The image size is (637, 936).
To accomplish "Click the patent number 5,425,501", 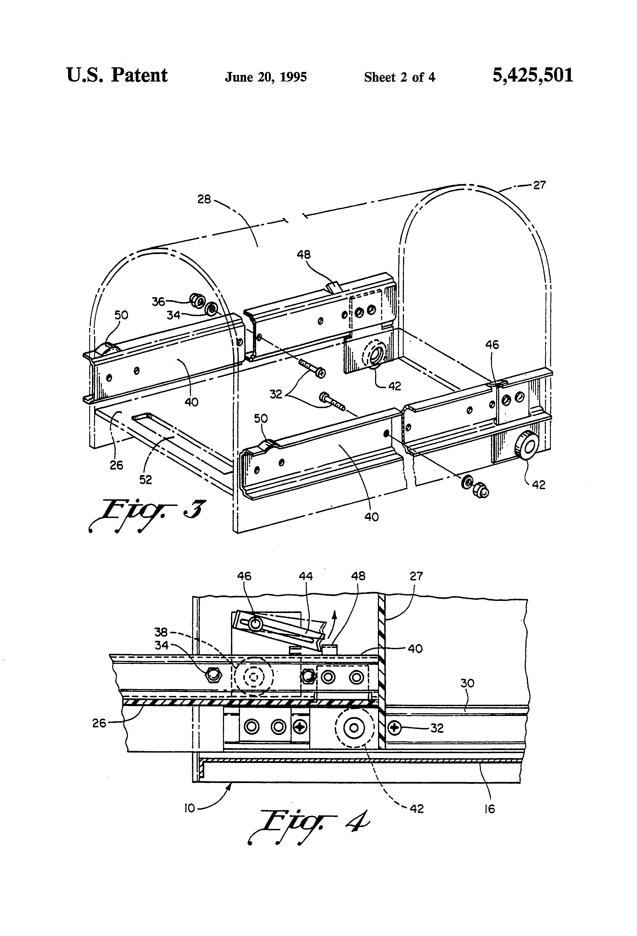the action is tap(533, 75).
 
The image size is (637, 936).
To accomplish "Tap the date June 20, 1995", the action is tap(266, 77).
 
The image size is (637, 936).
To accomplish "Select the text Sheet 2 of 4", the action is tap(399, 77).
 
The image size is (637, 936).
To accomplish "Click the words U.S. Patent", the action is tap(117, 75).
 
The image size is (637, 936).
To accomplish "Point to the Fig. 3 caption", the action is tap(147, 515).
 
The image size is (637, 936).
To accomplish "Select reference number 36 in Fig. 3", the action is tap(158, 301).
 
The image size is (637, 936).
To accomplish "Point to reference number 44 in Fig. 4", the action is tap(306, 576).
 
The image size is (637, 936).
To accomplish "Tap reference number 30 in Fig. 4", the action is tap(467, 683).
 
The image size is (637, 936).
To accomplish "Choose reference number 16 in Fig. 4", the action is tap(489, 809).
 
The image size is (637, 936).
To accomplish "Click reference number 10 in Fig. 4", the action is tap(189, 808).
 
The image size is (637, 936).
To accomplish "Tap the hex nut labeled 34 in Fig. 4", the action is tap(213, 674).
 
